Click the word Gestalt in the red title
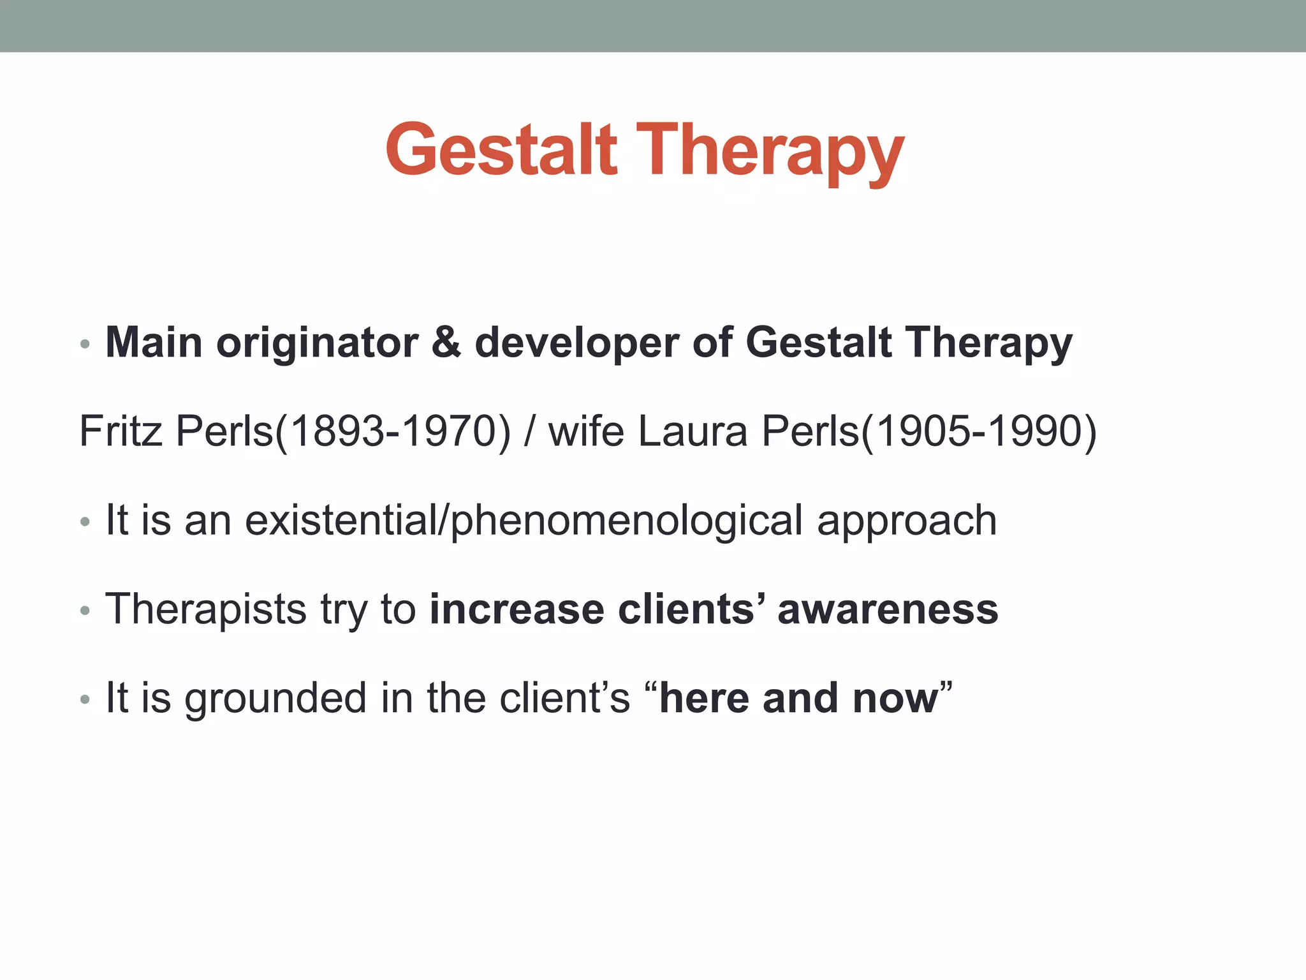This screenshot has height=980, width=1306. pos(501,151)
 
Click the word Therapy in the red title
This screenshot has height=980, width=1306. pos(770,153)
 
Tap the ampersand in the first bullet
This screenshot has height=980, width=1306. pos(446,342)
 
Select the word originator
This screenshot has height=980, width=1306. pos(317,343)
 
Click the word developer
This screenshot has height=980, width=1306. pos(576,343)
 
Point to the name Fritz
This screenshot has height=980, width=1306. pos(121,431)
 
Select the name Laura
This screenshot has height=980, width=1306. pos(692,431)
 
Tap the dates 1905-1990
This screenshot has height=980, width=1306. pos(979,431)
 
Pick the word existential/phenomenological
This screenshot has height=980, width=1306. pos(523,521)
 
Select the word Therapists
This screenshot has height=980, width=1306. pos(206,609)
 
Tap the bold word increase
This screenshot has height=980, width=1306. pos(516,609)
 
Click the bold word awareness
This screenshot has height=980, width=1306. pos(887,609)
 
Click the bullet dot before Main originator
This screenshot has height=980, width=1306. pos(85,345)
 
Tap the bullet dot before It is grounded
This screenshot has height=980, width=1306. pos(85,700)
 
